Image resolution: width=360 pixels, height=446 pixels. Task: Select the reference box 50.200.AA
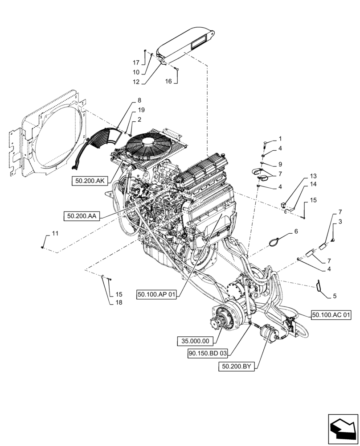pyautogui.click(x=82, y=216)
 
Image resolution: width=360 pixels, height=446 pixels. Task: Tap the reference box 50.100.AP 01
pyautogui.click(x=157, y=295)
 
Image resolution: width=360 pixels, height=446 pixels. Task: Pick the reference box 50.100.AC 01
pyautogui.click(x=331, y=315)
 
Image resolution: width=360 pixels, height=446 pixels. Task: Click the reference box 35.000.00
pyautogui.click(x=195, y=341)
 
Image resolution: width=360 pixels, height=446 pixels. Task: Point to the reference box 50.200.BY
pyautogui.click(x=236, y=367)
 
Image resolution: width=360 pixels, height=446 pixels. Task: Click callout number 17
pyautogui.click(x=135, y=62)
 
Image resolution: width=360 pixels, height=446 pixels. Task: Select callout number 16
pyautogui.click(x=168, y=81)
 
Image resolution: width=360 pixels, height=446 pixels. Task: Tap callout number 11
pyautogui.click(x=55, y=233)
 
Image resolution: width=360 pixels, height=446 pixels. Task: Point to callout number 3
pyautogui.click(x=340, y=222)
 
